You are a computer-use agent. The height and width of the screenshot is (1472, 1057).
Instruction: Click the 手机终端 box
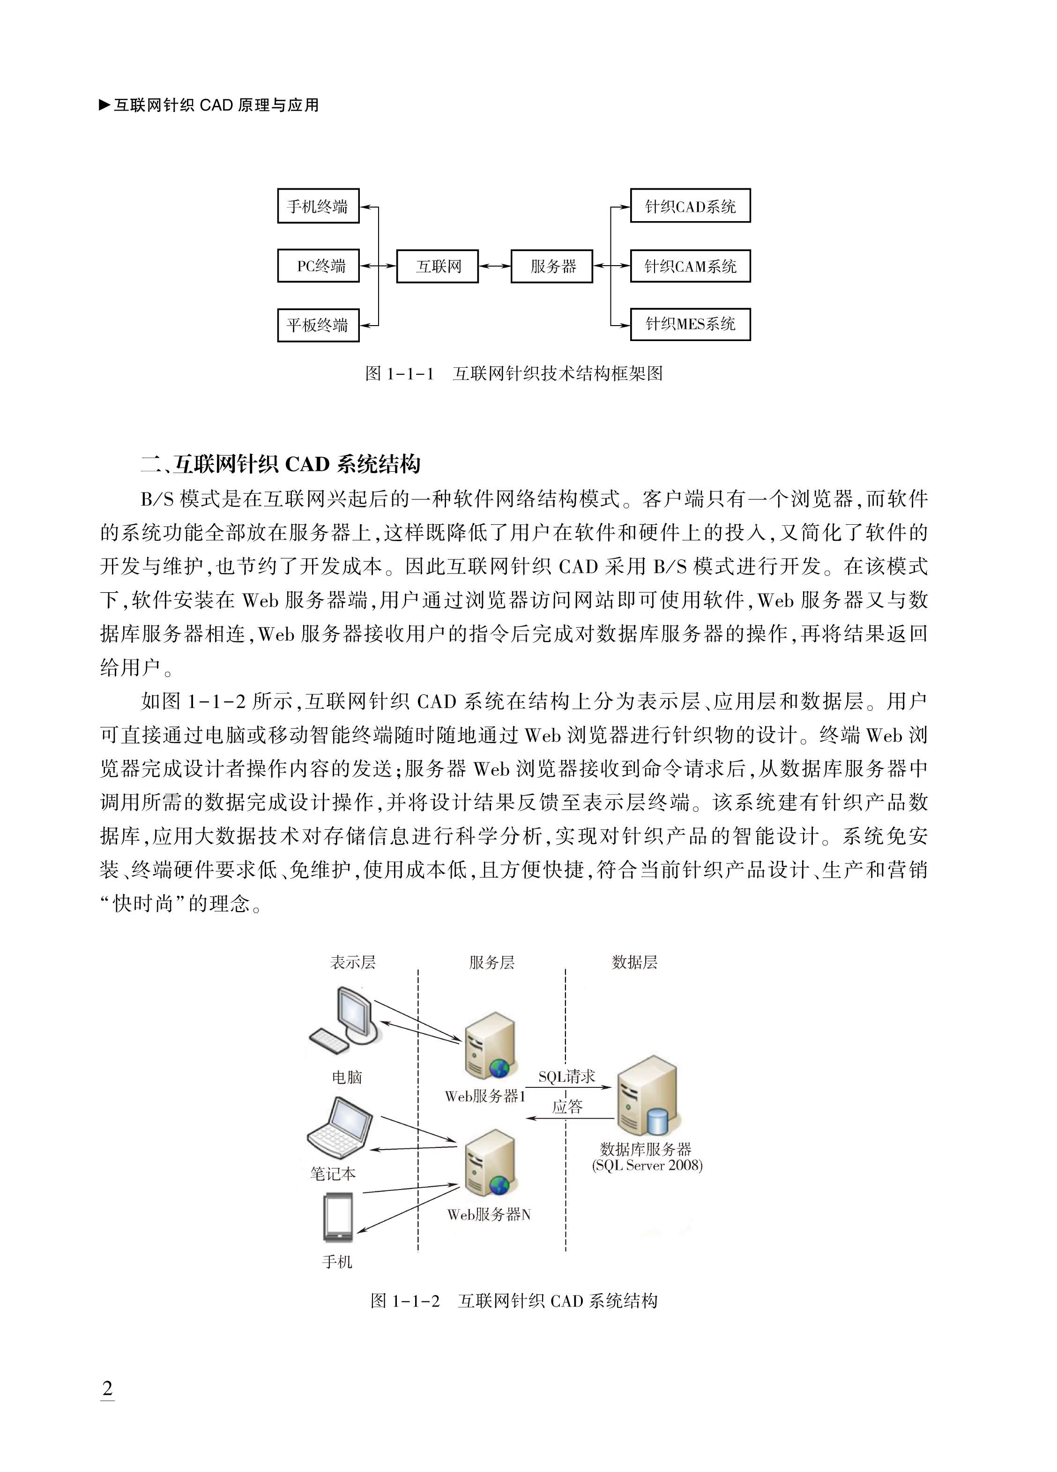pos(318,207)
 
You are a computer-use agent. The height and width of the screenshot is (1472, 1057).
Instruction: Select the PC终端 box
pos(318,266)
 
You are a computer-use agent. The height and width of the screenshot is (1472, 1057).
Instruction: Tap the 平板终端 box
pos(318,325)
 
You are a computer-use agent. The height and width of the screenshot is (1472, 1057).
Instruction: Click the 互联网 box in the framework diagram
pos(438,266)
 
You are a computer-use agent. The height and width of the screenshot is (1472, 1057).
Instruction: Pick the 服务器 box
pos(552,266)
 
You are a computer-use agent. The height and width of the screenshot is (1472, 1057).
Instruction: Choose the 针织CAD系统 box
pos(690,207)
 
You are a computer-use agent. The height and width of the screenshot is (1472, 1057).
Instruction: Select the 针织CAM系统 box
pos(690,266)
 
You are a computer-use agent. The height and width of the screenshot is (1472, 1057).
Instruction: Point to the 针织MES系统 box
pos(690,325)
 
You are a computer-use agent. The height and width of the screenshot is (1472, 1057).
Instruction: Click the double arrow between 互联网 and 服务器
pos(495,266)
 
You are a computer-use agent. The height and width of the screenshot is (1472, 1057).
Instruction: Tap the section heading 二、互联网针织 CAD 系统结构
pos(281,464)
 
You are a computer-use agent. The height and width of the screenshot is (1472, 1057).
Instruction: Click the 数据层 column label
pos(634,962)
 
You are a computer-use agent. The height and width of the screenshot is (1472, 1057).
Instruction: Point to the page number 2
pos(108,1388)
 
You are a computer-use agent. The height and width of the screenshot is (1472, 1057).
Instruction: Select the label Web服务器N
pos(489,1214)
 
